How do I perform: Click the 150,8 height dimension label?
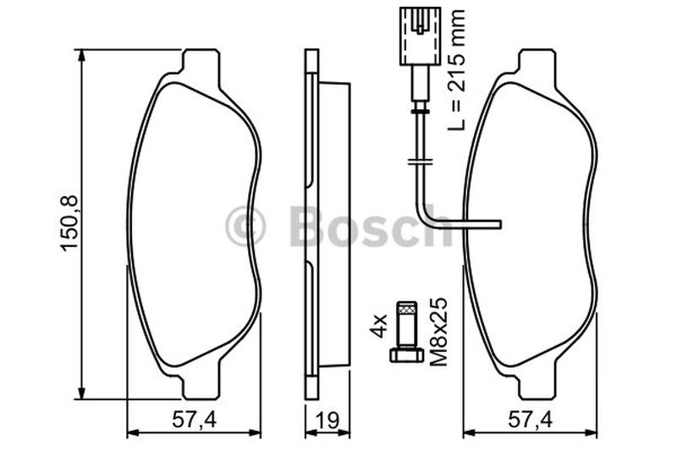tap(69, 223)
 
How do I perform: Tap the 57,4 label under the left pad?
tap(195, 420)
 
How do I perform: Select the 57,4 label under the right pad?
tap(531, 420)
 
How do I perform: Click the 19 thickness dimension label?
tap(327, 421)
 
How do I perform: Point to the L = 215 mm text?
tap(457, 69)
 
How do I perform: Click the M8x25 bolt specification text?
tap(438, 332)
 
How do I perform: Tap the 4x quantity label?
tap(378, 327)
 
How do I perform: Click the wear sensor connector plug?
tap(420, 36)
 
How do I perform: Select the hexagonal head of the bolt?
tap(407, 355)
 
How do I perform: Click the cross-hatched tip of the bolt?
tap(407, 308)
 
